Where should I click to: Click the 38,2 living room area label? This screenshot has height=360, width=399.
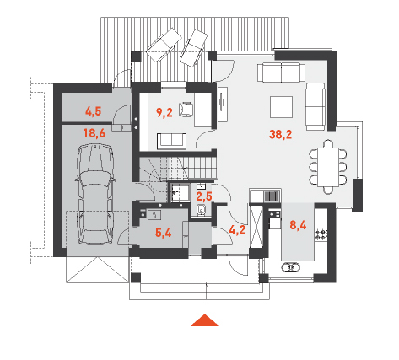pos(280,134)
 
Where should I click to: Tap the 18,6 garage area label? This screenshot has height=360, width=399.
pos(94,132)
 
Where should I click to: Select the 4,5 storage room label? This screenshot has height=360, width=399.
pos(94,111)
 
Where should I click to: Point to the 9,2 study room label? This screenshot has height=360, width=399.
pos(164,112)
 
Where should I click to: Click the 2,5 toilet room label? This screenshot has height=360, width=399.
pos(204,196)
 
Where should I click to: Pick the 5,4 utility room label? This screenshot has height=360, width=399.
pos(163,233)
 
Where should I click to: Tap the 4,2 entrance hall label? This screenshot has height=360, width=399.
pos(237,230)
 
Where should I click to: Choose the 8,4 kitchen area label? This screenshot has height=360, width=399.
pos(298,225)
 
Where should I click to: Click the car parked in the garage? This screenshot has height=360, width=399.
pos(95,194)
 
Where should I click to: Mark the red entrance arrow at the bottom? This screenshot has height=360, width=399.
pos(205,320)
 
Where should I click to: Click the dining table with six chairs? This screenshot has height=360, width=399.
pos(328,167)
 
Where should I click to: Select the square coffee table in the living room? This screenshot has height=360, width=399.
pos(281,107)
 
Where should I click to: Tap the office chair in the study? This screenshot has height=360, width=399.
pos(186,110)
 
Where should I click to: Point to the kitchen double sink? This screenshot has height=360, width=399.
pos(290,267)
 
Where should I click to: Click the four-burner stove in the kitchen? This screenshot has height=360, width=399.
pos(321,234)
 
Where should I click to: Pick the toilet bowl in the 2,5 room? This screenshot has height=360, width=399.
pos(201,209)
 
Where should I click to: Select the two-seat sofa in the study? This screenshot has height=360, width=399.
pos(171,141)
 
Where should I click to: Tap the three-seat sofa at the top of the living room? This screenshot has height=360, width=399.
pos(281,73)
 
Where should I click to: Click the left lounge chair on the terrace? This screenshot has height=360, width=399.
pos(164,45)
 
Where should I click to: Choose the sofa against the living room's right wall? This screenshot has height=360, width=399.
pos(315,107)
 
